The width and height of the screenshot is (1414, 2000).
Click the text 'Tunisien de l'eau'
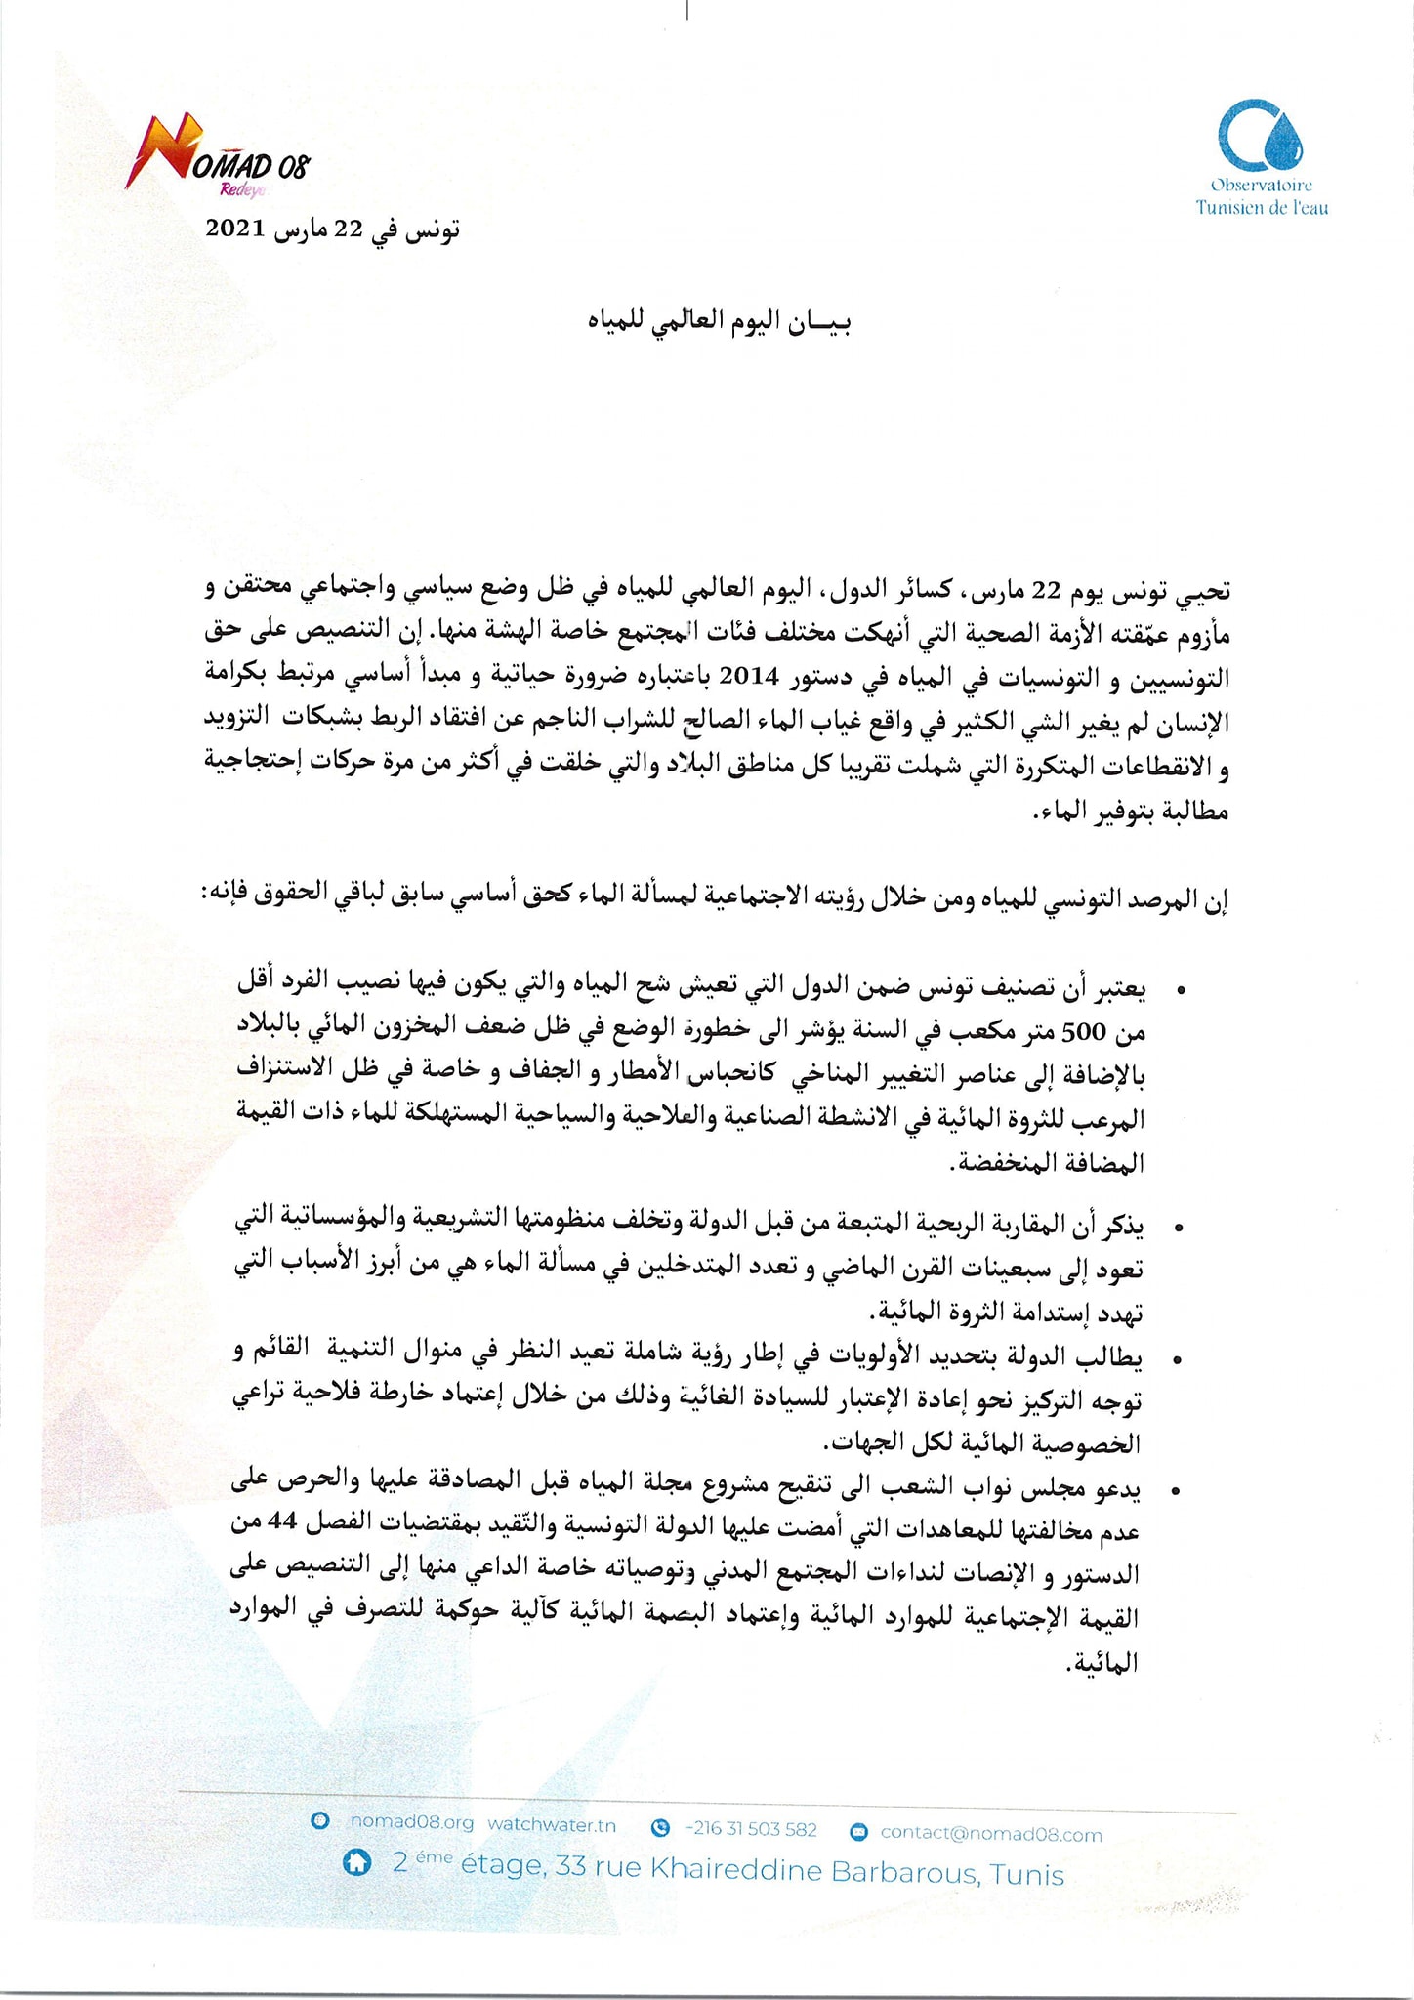[1262, 208]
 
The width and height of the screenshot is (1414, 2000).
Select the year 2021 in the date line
[235, 229]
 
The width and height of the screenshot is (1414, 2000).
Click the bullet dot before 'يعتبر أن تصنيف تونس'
[1181, 990]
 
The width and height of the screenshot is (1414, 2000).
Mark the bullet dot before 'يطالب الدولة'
[1181, 1359]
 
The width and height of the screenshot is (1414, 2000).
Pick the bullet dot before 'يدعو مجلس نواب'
[1181, 1491]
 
